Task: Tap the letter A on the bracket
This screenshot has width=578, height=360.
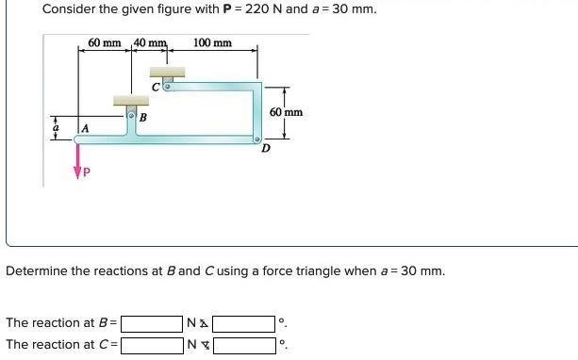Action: click(85, 128)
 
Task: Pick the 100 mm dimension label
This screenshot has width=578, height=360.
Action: click(212, 43)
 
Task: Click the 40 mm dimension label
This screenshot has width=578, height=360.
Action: click(151, 43)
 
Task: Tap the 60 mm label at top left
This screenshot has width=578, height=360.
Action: click(106, 43)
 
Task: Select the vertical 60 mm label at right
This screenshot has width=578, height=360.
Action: click(286, 112)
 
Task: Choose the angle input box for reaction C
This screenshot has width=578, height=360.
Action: click(242, 345)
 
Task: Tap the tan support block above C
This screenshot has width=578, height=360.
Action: click(167, 73)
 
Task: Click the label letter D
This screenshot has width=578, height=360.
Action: click(265, 147)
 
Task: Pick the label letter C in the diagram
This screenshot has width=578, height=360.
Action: click(156, 87)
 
